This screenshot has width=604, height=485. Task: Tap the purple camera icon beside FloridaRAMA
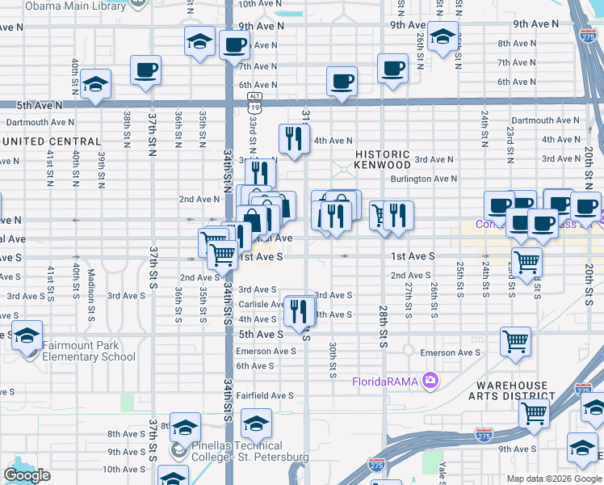pos(430,379)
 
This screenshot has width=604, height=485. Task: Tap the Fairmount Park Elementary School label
pos(89,351)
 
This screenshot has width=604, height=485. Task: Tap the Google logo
pos(27,475)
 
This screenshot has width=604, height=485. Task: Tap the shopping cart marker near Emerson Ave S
pos(516,340)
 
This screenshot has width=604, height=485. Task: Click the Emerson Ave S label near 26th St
pos(450,352)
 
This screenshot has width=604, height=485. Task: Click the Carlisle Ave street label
pos(259,304)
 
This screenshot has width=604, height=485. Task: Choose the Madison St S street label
pos(92,283)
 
